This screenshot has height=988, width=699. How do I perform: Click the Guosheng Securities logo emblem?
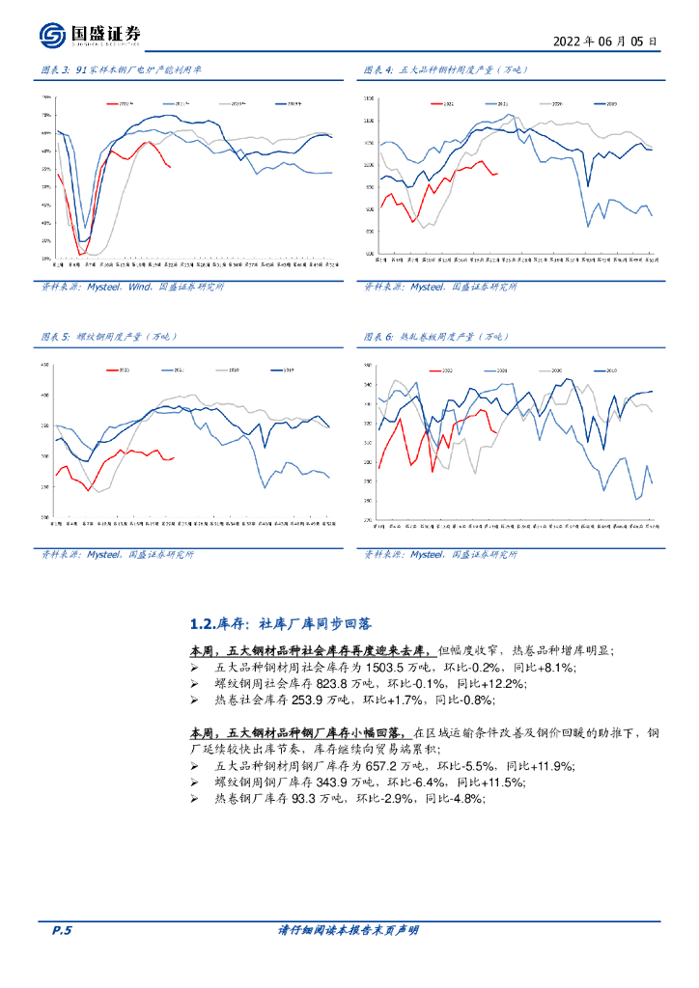click(x=52, y=36)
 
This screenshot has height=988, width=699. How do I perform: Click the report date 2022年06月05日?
click(x=605, y=41)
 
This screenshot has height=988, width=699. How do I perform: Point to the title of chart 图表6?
click(x=446, y=337)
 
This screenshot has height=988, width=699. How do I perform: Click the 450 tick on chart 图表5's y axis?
click(x=44, y=365)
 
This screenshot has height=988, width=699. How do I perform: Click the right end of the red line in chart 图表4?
click(x=497, y=173)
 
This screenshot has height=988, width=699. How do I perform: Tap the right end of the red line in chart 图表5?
click(x=174, y=457)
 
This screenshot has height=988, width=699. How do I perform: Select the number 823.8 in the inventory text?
click(x=302, y=683)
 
